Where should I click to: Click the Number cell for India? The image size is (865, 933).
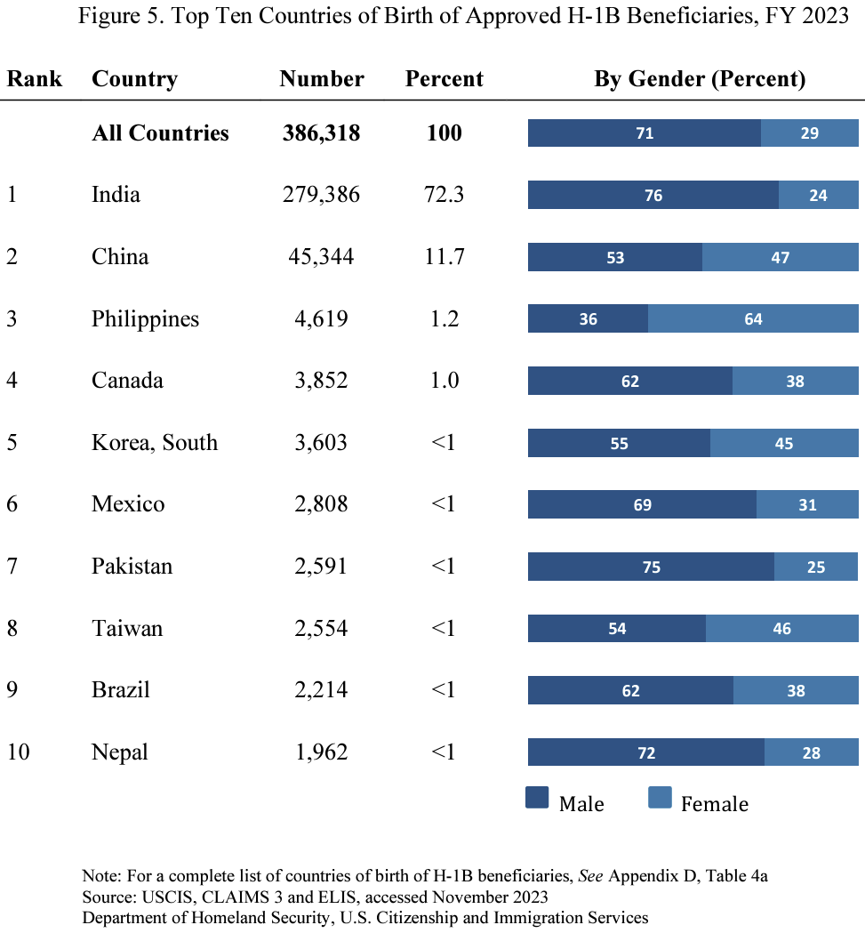pos(321,194)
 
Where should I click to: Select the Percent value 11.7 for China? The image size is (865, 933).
pos(444,256)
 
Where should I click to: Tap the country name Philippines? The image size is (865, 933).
pos(145,318)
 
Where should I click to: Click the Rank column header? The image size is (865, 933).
pos(35,78)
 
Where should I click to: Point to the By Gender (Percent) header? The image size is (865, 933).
pos(699,78)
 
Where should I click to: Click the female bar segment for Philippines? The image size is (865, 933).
pos(753,318)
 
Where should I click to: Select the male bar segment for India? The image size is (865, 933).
pos(653,195)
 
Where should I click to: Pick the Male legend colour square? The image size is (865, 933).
pos(537,797)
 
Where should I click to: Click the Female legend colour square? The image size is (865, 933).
pos(659,797)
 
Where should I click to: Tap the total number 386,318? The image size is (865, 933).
pos(321,133)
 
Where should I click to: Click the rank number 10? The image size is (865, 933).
pos(19,752)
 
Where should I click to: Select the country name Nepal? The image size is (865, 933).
pos(119,752)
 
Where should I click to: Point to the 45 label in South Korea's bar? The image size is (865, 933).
pos(783,443)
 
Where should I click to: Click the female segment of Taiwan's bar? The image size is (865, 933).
pos(781,628)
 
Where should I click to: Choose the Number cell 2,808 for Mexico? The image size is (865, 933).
pos(321,503)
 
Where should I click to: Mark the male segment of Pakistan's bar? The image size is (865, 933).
pos(651,567)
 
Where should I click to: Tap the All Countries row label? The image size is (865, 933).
pos(160,133)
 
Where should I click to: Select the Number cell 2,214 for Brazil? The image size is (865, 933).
pos(321,689)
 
